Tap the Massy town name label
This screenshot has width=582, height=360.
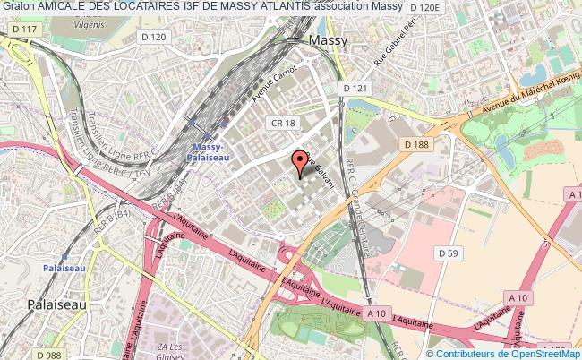[x=327, y=41]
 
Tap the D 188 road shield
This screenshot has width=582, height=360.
[x=415, y=145]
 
